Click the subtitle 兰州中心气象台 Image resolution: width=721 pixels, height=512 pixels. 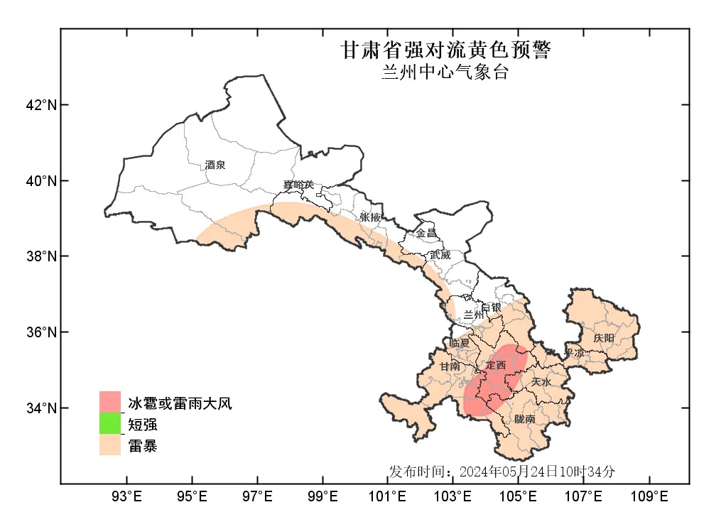445,72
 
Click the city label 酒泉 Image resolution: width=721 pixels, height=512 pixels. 215,165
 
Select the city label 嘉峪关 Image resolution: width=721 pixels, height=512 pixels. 298,185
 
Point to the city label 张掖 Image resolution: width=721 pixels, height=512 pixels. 370,217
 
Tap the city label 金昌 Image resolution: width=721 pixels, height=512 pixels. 426,233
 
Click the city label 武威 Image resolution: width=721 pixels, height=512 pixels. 440,254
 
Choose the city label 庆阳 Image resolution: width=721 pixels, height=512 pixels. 604,338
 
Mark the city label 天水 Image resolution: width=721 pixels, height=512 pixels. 541,381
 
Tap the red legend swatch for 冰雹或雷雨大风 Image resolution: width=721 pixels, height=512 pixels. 110,402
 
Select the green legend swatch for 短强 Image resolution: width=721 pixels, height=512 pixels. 110,424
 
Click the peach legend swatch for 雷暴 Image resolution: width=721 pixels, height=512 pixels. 110,445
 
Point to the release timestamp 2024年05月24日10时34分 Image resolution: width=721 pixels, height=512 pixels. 537,471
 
